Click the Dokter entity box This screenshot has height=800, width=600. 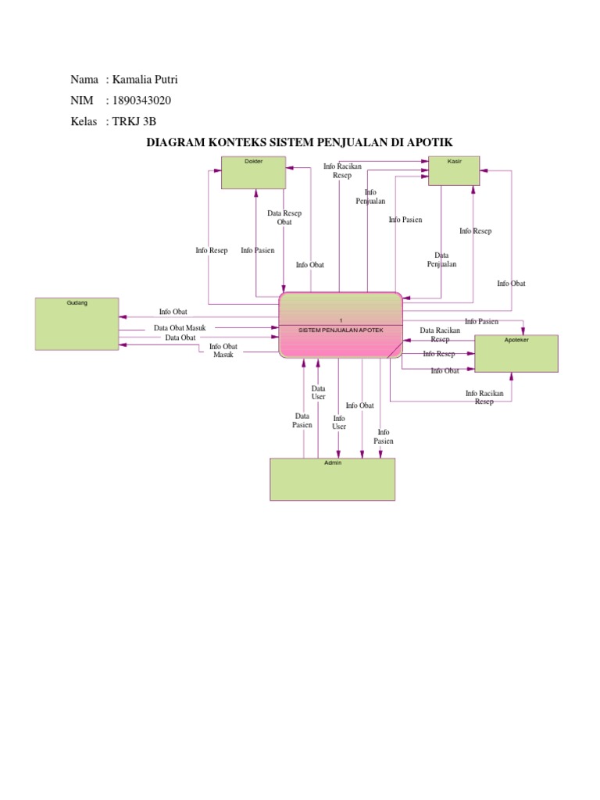pos(253,173)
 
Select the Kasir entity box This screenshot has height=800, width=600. pos(453,170)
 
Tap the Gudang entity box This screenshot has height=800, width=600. pos(77,323)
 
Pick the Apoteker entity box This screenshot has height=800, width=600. pos(516,354)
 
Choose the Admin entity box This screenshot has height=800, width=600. pos(332,479)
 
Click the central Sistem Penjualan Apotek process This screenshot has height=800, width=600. pos(341,325)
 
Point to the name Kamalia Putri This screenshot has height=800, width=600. pos(151,80)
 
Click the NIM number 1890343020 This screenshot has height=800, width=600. pos(142,101)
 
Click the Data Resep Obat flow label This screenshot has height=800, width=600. pos(284,217)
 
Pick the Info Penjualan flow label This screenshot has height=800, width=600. pos(370,197)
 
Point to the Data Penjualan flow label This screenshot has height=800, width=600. pos(441,259)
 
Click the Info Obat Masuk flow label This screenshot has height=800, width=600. pos(223,350)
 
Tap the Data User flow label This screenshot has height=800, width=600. pos(318,392)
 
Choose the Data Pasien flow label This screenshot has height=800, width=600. pos(302,420)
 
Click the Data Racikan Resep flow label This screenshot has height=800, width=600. pos(440,334)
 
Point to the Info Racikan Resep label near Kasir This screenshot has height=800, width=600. pos(342,170)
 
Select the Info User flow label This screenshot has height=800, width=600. pos(339,422)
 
